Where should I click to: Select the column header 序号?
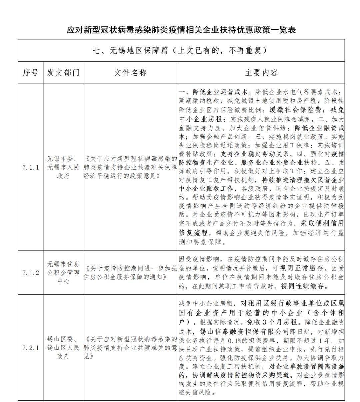[x=31, y=73]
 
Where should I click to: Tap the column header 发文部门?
[x=63, y=73]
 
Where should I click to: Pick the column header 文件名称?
[x=130, y=73]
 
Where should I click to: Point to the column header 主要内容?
[x=261, y=73]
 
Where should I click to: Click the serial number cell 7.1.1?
[x=31, y=167]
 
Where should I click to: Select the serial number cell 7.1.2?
[x=31, y=273]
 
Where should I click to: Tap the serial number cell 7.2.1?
[x=31, y=348]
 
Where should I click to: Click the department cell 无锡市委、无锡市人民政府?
[x=63, y=167]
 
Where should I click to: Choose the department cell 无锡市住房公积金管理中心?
[x=63, y=273]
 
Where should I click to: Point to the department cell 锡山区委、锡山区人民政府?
[x=63, y=348]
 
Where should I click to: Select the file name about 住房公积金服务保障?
[x=130, y=273]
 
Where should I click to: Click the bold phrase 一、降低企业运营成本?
[x=215, y=92]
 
